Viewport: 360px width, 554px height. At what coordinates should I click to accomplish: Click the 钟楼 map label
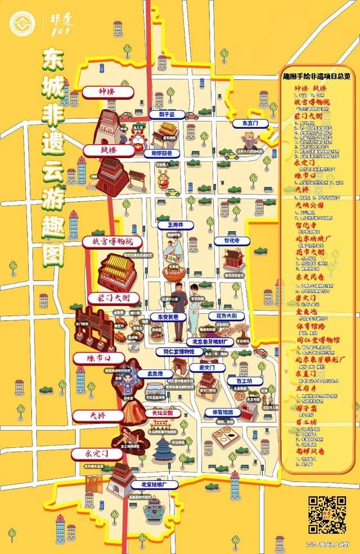107,91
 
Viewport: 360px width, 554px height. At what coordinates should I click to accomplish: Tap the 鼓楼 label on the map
107,151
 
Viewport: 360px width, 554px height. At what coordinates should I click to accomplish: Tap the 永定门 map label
96,453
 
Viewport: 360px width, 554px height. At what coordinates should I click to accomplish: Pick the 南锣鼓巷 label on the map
161,153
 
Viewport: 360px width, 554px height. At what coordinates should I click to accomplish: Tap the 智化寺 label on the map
230,241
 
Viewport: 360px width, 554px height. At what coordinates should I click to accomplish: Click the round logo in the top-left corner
22,24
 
